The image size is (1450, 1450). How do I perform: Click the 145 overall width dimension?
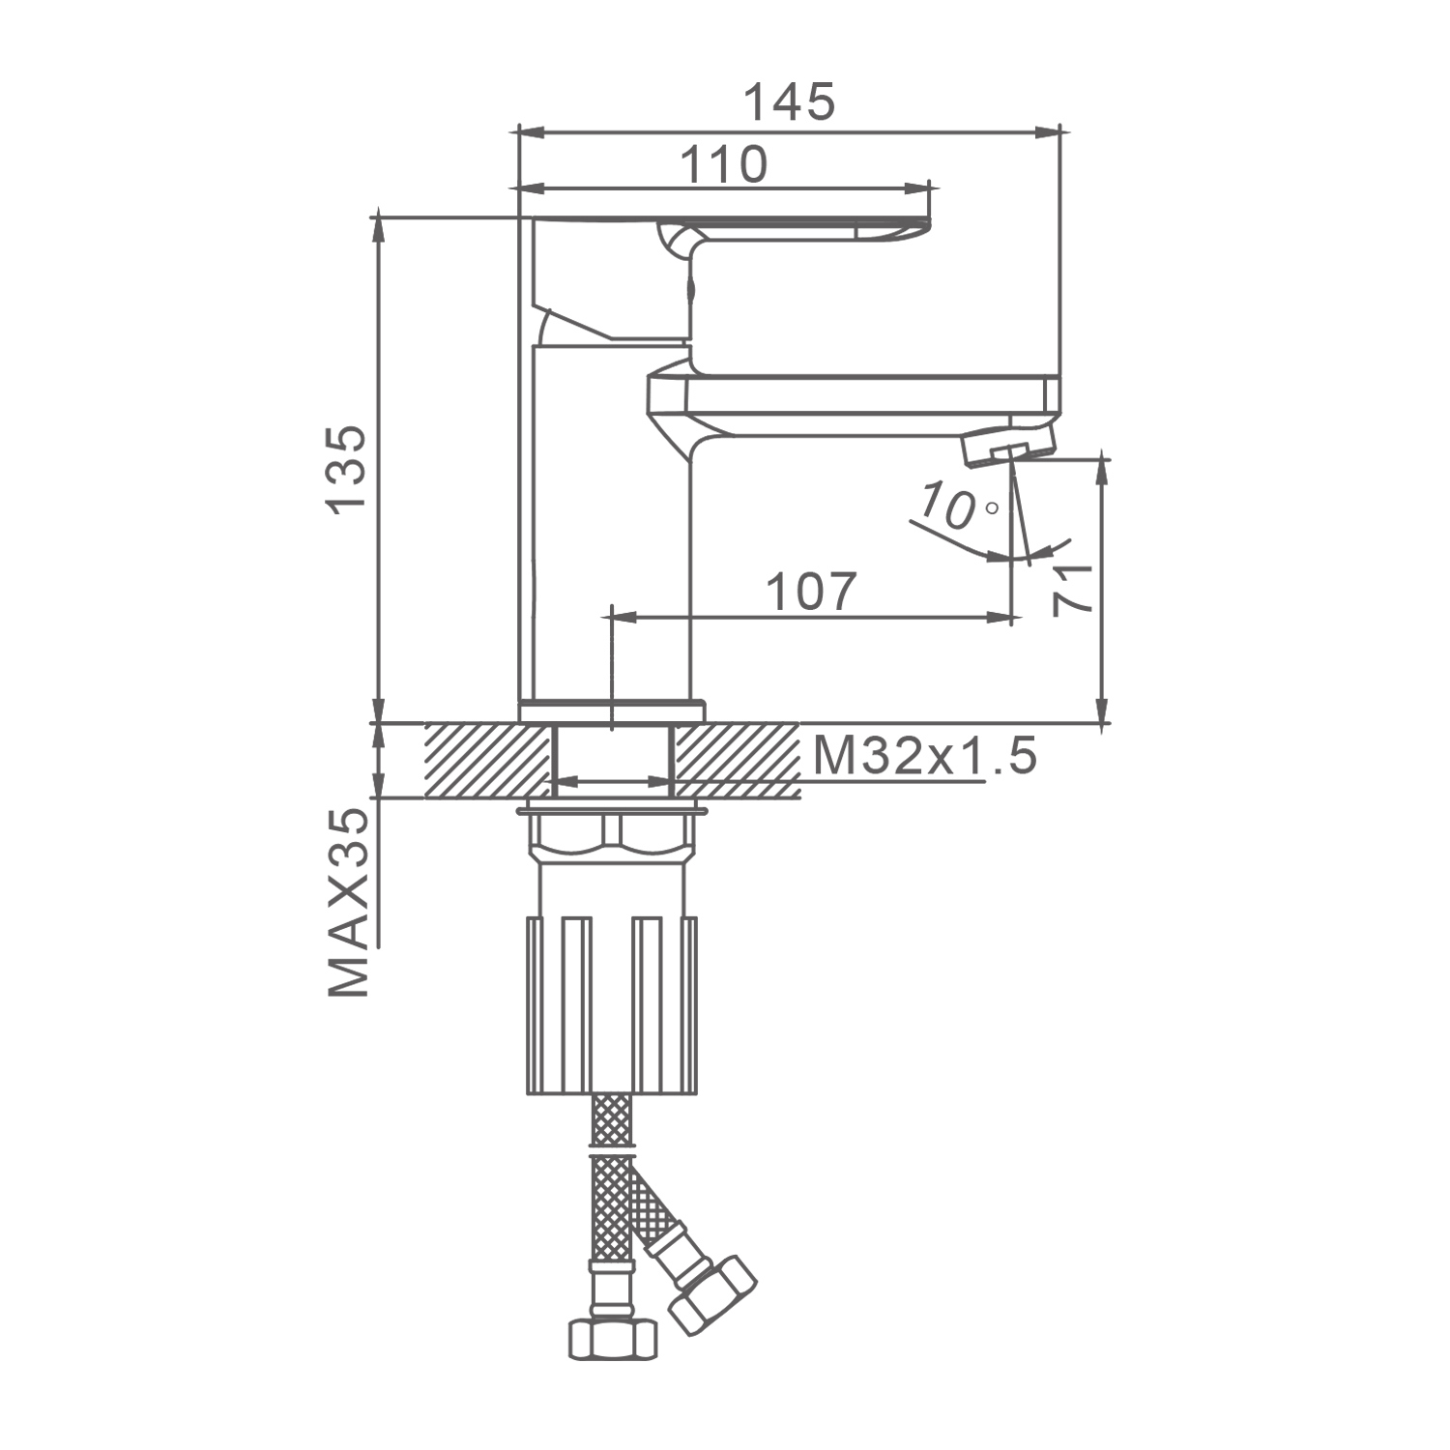(x=789, y=102)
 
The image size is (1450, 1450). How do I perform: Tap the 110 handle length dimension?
(x=724, y=165)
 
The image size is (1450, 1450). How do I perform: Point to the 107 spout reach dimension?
(x=811, y=592)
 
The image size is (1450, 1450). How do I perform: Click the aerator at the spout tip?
(x=1007, y=446)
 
